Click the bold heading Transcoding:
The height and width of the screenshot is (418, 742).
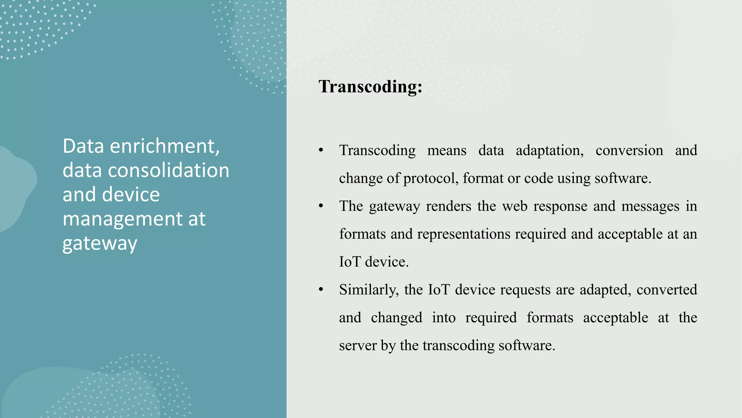point(370,87)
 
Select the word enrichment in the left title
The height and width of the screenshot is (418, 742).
point(164,146)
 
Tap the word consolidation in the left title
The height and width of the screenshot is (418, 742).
point(168,170)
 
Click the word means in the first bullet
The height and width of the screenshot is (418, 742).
point(447,150)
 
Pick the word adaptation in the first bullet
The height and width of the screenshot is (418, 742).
point(549,150)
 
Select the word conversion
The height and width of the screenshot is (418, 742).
point(629,150)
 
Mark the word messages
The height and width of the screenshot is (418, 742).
point(650,206)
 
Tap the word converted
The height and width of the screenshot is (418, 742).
point(667,290)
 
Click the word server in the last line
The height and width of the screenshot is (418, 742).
point(358,345)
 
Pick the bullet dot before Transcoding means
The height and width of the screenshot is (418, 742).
point(321,150)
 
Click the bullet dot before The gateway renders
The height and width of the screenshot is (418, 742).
point(321,206)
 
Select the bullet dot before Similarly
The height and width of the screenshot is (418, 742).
point(321,290)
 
